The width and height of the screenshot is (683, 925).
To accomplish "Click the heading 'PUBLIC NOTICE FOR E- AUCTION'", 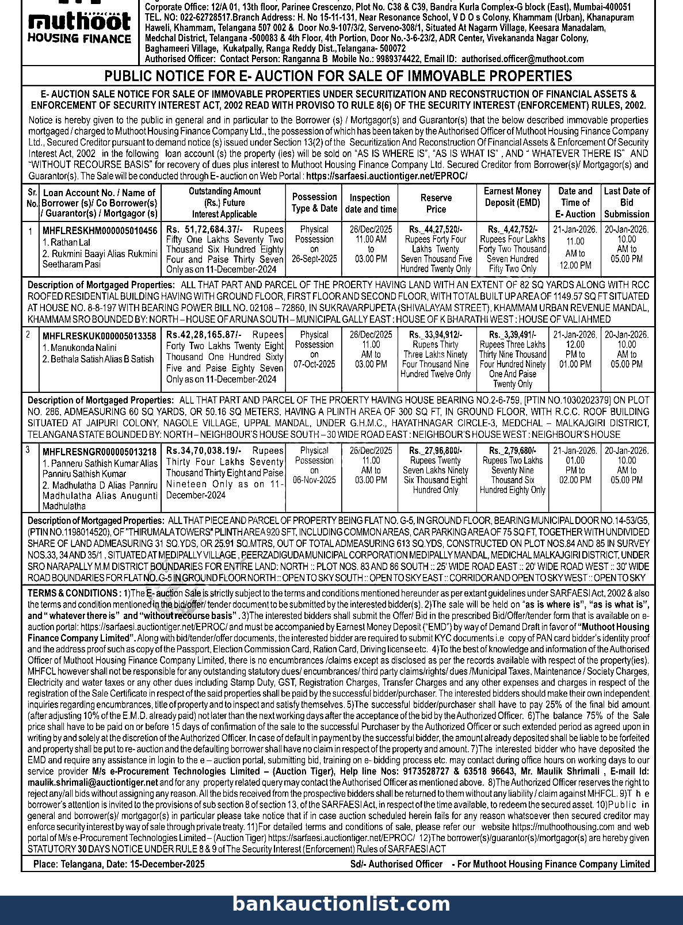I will pyautogui.click(x=338, y=76).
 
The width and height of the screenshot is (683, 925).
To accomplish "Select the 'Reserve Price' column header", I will pyautogui.click(x=436, y=203).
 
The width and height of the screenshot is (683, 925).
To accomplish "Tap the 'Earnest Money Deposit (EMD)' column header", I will pyautogui.click(x=512, y=197).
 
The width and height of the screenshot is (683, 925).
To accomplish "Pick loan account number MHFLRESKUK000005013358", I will pyautogui.click(x=99, y=336).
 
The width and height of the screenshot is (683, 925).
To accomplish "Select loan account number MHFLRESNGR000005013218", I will pyautogui.click(x=99, y=452).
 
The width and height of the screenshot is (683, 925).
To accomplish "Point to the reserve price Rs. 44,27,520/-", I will pyautogui.click(x=435, y=229).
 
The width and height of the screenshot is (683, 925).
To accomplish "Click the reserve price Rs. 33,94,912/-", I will pyautogui.click(x=435, y=335).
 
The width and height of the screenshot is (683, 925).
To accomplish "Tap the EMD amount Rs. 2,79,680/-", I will pyautogui.click(x=512, y=451).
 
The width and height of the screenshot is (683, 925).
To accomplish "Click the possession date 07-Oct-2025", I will pyautogui.click(x=314, y=364).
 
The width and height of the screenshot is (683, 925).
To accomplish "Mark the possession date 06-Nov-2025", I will pyautogui.click(x=314, y=480).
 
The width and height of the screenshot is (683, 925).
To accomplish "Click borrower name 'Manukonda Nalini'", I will pyautogui.click(x=79, y=347).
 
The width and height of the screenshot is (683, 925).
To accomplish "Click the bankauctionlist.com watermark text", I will pyautogui.click(x=341, y=904).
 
